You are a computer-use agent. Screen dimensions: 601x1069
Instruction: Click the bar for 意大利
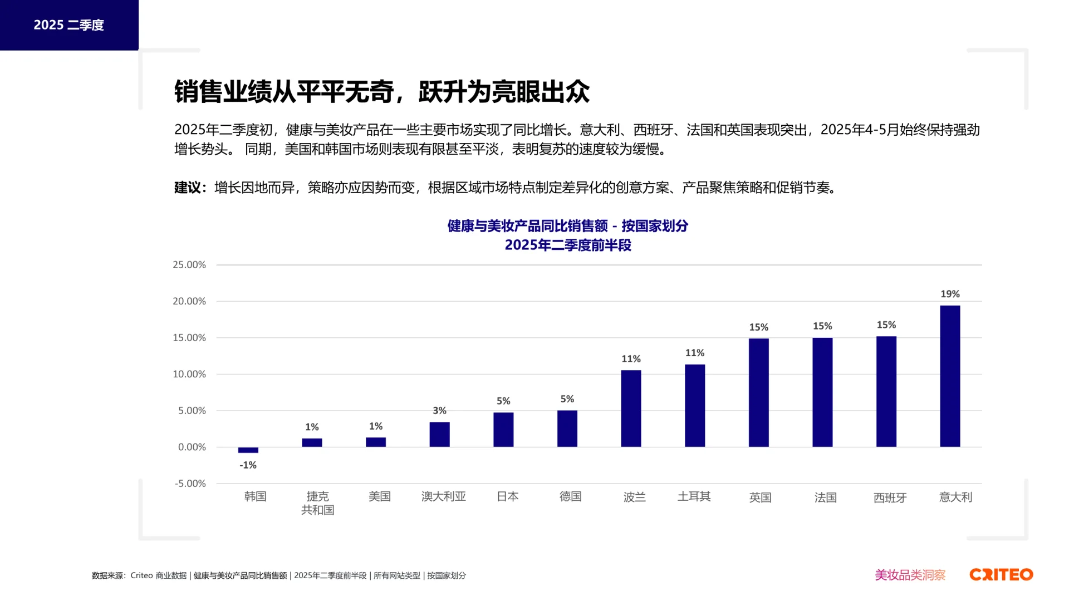click(x=950, y=376)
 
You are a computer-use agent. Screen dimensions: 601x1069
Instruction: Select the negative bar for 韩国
click(x=248, y=450)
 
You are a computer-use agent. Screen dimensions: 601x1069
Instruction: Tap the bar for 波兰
click(x=631, y=408)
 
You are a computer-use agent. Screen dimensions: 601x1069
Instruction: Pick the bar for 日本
click(x=503, y=430)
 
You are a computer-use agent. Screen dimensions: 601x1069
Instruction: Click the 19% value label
click(x=950, y=294)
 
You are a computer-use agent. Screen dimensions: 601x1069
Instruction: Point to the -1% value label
click(x=248, y=465)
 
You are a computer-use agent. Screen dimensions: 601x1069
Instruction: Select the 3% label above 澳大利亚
click(x=439, y=411)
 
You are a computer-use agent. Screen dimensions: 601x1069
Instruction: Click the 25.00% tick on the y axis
click(x=189, y=265)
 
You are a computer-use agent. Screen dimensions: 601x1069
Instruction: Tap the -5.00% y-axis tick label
click(x=190, y=484)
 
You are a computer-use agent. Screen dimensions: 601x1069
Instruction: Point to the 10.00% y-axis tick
click(x=189, y=375)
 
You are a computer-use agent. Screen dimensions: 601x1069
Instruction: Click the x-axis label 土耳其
click(x=694, y=496)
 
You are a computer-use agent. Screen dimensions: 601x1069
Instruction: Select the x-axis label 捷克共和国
click(x=317, y=503)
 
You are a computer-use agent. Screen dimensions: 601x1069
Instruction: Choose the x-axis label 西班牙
click(x=890, y=498)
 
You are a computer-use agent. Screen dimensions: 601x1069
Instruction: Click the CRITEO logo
click(x=1001, y=575)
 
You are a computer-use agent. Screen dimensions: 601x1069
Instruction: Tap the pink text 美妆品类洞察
click(x=910, y=575)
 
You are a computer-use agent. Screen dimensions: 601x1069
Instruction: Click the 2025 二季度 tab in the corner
click(x=69, y=25)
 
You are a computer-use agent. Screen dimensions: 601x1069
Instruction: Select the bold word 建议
click(x=187, y=188)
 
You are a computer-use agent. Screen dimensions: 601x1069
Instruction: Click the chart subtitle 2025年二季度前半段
click(x=568, y=245)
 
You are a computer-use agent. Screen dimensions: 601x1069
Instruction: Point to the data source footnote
click(x=278, y=575)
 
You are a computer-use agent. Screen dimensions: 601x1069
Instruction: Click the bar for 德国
click(x=567, y=428)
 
